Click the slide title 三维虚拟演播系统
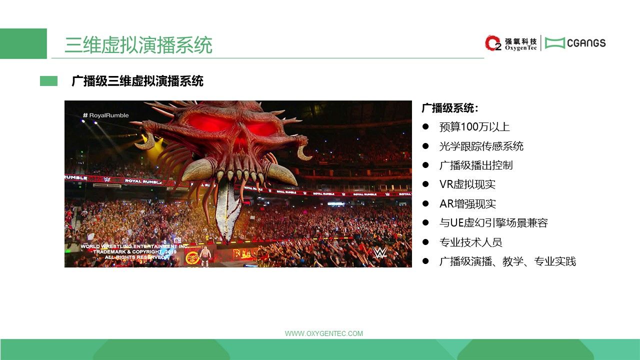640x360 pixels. coord(138,45)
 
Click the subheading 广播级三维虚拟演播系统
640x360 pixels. coord(137,81)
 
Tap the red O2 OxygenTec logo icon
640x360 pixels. coord(493,43)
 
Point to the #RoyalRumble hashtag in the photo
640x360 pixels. coord(105,115)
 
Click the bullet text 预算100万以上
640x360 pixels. coord(474,127)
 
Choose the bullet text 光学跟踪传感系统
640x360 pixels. coord(481,146)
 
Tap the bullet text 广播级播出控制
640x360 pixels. coord(476,165)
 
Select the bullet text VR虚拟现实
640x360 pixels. coord(467,184)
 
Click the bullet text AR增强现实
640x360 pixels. coord(467,204)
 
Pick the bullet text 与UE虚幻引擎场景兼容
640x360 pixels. coord(493,223)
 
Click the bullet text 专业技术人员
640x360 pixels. coord(471,242)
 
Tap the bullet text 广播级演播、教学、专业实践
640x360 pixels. coord(507,261)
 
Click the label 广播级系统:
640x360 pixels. coord(450,108)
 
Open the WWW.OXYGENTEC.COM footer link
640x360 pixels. coord(324,333)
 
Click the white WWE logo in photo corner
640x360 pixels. coord(379,252)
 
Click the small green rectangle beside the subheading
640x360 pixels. coord(48,81)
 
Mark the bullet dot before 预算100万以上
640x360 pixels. coord(425,126)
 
